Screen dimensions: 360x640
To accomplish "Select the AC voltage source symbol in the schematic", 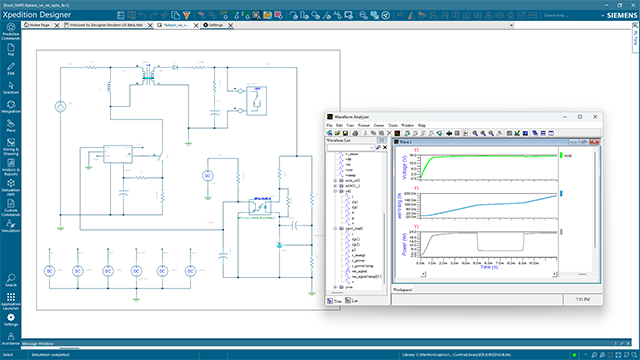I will (x=59, y=105).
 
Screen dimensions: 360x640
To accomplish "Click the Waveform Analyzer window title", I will (x=353, y=117).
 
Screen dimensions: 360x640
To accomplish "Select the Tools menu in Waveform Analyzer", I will (x=392, y=125).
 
